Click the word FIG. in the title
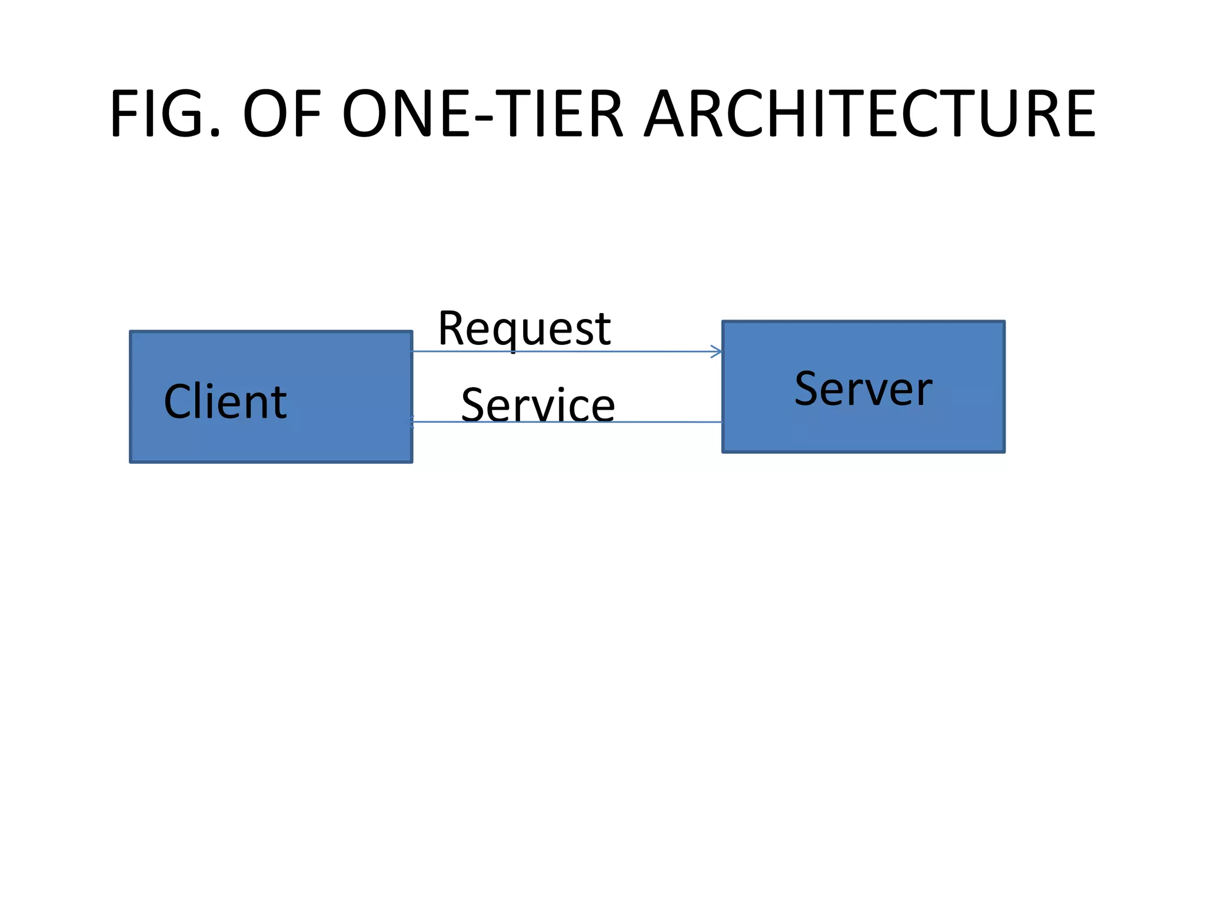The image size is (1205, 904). [x=165, y=113]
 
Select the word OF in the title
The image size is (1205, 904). [x=282, y=113]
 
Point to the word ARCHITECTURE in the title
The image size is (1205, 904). [x=870, y=113]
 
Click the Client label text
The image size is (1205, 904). [x=225, y=401]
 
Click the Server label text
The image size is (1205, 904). [x=863, y=389]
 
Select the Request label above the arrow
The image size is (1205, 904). [x=524, y=328]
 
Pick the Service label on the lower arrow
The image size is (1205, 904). [x=538, y=405]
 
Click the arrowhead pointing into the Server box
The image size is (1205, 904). [x=717, y=352]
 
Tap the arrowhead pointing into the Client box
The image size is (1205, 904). [x=412, y=421]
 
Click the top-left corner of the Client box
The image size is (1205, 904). [x=131, y=332]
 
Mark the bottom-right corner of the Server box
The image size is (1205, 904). [x=1004, y=451]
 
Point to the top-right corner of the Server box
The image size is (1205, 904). [x=1004, y=322]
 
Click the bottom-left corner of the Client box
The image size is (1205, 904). [x=131, y=461]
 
